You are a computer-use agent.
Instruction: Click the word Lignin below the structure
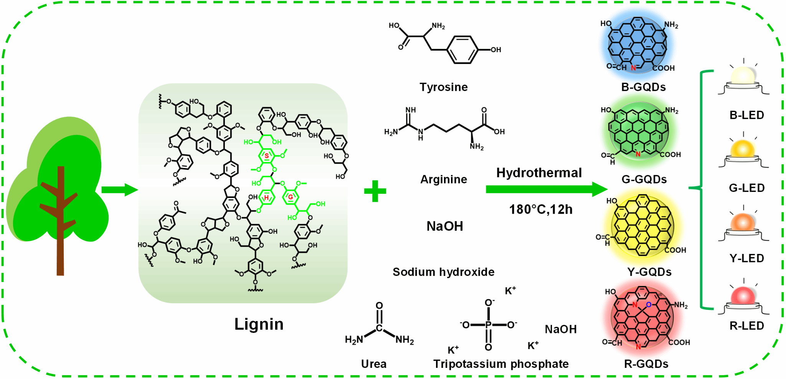[x=259, y=325]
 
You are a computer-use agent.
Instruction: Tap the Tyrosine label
[x=444, y=87]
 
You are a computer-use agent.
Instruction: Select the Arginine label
[x=444, y=180]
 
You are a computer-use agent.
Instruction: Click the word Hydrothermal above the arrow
[x=539, y=173]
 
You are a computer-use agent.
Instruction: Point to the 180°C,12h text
[x=541, y=210]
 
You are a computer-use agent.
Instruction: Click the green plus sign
[x=375, y=191]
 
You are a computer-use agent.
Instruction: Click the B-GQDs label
[x=644, y=87]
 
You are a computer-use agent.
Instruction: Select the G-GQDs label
[x=644, y=180]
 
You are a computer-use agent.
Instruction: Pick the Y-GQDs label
[x=649, y=272]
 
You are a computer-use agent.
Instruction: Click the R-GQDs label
[x=646, y=364]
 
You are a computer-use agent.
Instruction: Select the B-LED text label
[x=746, y=115]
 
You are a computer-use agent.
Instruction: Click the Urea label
[x=374, y=364]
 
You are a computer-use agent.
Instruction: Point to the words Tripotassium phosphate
[x=501, y=364]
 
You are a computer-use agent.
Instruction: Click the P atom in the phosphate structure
[x=489, y=325]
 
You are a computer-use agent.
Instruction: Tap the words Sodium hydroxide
[x=443, y=272]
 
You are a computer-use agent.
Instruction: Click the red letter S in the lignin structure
[x=267, y=156]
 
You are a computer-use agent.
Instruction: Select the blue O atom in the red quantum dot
[x=649, y=305]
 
